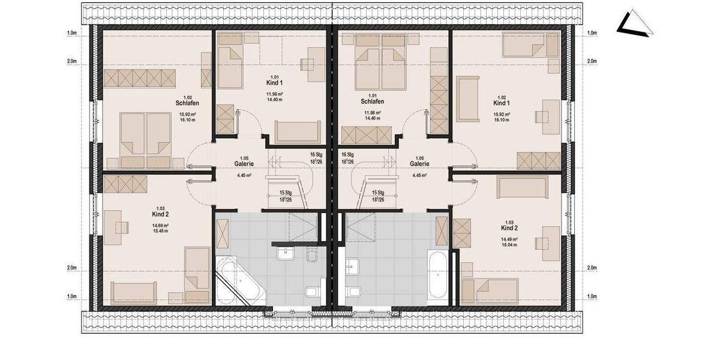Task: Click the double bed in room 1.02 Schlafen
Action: point(146,140)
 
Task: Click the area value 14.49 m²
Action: point(509,239)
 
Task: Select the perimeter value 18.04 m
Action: point(509,245)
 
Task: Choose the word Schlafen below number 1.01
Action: point(372,101)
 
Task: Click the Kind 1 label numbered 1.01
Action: point(274,82)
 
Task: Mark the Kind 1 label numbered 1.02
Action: point(502,103)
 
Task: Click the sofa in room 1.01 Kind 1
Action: point(294,132)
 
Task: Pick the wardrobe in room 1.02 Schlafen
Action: point(140,78)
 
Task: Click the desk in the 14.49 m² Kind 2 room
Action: point(548,242)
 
